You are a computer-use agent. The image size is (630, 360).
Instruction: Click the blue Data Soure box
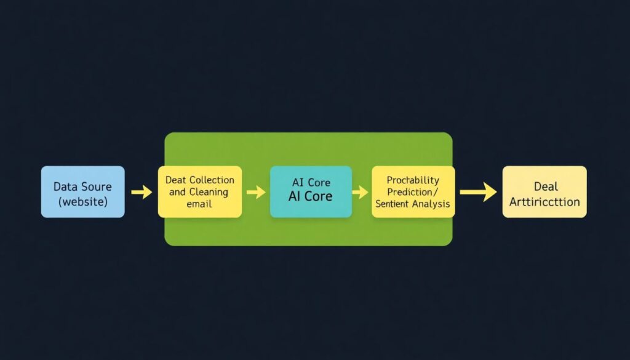(82, 191)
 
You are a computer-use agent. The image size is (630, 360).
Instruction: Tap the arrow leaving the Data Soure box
(142, 192)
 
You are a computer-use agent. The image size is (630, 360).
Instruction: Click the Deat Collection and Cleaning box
(199, 191)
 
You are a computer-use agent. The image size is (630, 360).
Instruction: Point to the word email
(199, 204)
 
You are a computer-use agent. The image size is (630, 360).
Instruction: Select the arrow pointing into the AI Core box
(255, 192)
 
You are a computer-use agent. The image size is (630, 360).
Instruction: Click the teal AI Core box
(311, 191)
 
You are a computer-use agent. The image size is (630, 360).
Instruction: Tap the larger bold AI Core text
(311, 197)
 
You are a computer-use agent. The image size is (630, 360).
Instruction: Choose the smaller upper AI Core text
(311, 183)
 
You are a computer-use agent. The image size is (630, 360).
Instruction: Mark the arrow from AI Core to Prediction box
(360, 192)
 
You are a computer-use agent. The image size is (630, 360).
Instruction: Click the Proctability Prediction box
(413, 191)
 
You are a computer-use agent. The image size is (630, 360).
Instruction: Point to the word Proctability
(413, 180)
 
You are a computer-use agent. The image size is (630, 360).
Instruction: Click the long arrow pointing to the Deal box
(478, 192)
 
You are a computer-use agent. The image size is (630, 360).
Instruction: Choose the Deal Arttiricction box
(544, 191)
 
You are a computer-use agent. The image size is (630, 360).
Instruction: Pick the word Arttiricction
(545, 201)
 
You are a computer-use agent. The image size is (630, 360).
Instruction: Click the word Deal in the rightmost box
(545, 186)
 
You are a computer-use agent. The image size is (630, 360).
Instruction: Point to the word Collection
(212, 180)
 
